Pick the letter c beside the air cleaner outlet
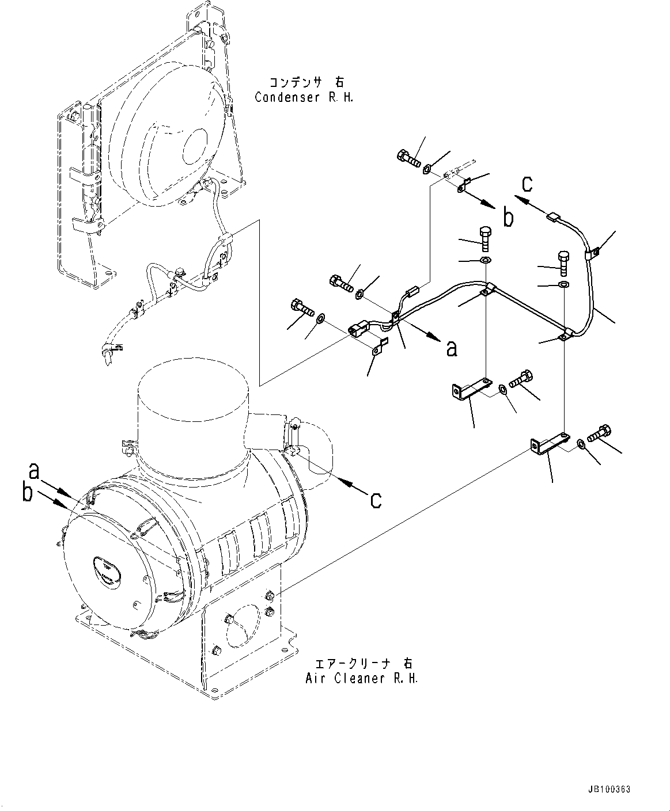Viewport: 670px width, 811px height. point(376,500)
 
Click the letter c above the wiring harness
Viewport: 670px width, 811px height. point(527,184)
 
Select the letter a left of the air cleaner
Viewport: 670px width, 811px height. point(34,471)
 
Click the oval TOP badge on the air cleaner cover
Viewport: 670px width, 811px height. point(108,571)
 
